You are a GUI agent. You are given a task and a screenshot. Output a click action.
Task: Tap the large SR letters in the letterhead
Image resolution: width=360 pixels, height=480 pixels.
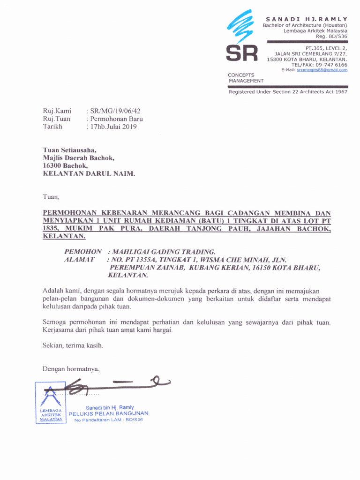click(x=242, y=54)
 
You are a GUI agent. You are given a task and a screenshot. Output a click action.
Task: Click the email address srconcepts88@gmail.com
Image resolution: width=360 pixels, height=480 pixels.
click(x=322, y=70)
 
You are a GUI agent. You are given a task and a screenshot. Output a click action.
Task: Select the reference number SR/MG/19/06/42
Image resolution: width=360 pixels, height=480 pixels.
click(x=115, y=111)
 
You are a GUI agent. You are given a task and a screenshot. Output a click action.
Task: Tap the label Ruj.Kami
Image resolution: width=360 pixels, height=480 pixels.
click(x=57, y=111)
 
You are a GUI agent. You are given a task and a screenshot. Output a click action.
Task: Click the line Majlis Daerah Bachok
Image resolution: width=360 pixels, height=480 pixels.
click(x=79, y=158)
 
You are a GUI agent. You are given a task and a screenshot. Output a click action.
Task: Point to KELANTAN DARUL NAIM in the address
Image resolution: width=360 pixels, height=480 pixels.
click(x=89, y=173)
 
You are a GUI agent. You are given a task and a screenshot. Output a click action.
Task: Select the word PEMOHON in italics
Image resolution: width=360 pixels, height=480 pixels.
click(x=83, y=252)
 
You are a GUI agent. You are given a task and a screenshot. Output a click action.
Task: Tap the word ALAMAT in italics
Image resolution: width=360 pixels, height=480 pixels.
click(x=80, y=259)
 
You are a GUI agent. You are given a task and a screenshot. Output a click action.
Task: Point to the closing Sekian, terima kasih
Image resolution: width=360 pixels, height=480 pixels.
click(x=73, y=345)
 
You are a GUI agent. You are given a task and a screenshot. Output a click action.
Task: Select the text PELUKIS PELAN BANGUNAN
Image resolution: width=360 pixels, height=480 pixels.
click(x=109, y=413)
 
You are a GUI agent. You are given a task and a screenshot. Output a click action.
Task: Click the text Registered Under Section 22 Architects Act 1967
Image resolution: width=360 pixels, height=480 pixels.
click(x=288, y=92)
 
